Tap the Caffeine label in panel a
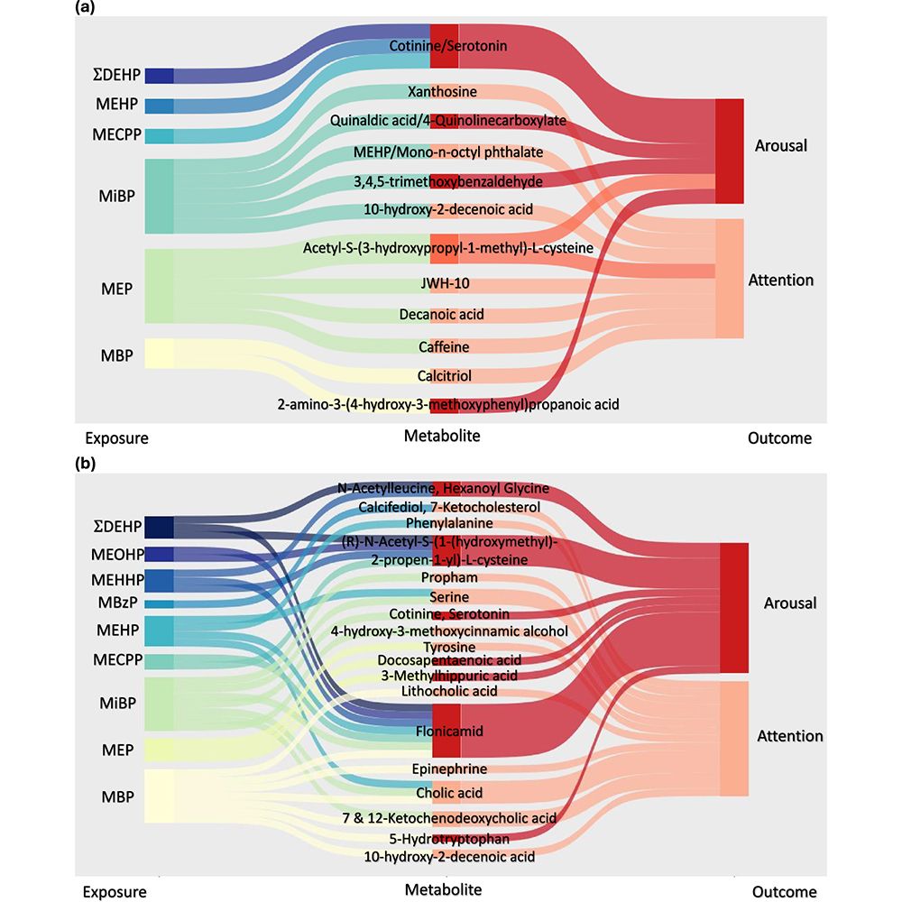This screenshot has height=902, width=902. pyautogui.click(x=444, y=346)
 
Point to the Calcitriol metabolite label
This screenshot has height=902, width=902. pyautogui.click(x=444, y=375)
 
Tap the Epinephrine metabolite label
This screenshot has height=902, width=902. pyautogui.click(x=449, y=769)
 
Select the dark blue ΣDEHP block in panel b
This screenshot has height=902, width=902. pyautogui.click(x=159, y=526)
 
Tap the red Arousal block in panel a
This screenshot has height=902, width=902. pyautogui.click(x=729, y=151)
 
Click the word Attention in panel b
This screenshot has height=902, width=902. pyautogui.click(x=789, y=736)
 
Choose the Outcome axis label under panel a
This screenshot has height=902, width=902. pyautogui.click(x=779, y=438)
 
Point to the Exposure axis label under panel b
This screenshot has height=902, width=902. pyautogui.click(x=115, y=891)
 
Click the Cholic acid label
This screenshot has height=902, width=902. pyautogui.click(x=449, y=794)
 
